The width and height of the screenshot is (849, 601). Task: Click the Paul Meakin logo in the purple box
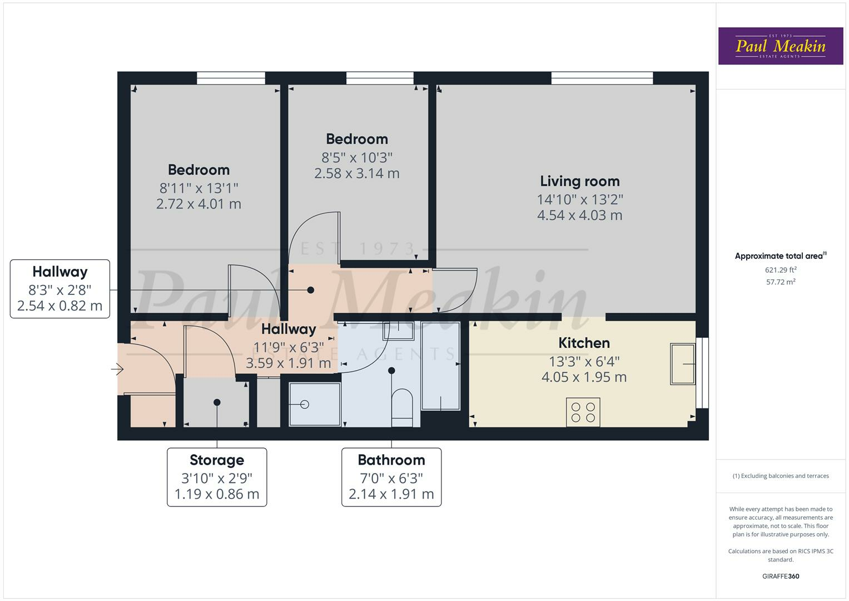(780, 46)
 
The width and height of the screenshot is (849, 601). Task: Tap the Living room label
(579, 181)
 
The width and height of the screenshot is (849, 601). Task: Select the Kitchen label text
(584, 343)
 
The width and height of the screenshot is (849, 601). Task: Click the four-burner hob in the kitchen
(583, 412)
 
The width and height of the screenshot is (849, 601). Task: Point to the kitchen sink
(682, 364)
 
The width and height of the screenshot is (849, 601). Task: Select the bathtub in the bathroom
(440, 366)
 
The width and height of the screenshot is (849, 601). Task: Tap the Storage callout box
(217, 477)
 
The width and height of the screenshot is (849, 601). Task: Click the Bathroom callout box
(391, 477)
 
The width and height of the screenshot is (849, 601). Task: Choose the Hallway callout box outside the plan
(60, 289)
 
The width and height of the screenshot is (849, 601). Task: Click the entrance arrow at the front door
(117, 369)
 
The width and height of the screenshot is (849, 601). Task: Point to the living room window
(602, 78)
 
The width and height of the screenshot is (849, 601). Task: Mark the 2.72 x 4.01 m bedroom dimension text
(198, 204)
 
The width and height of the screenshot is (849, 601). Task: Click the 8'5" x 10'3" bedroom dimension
(357, 157)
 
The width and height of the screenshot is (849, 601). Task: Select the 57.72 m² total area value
(780, 282)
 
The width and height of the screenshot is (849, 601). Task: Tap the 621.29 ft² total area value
(780, 270)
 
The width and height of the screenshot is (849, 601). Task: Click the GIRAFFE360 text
(780, 576)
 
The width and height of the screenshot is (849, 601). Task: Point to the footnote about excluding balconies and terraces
(780, 476)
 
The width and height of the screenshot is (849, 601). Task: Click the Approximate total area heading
(780, 256)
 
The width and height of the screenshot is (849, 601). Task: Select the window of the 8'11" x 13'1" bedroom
(231, 78)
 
